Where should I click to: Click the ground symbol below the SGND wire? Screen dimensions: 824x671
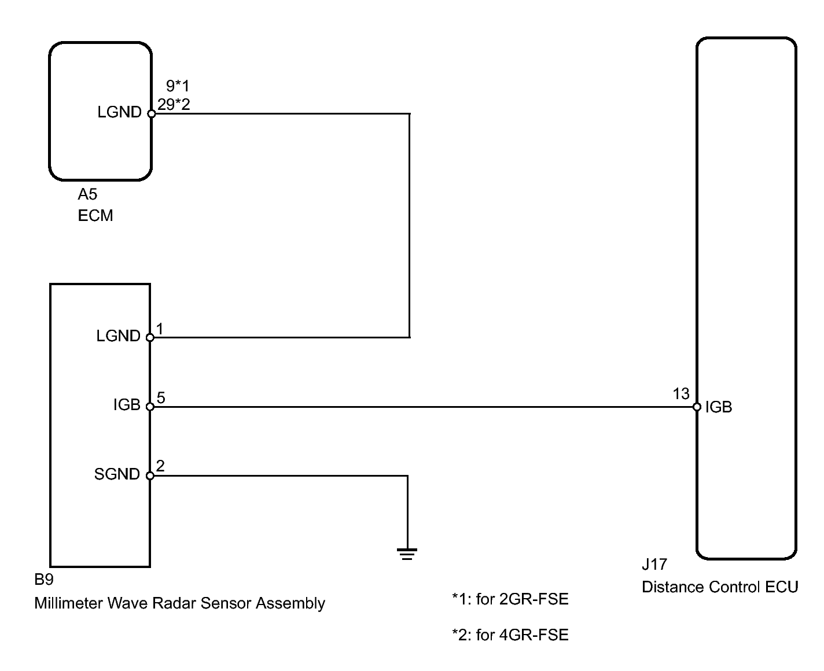point(407,554)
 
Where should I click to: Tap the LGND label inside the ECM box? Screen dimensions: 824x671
point(119,112)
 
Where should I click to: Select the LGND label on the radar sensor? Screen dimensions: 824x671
point(118,335)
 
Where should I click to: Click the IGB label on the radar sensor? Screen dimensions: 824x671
point(127,405)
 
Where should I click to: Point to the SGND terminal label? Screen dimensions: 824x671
point(117,474)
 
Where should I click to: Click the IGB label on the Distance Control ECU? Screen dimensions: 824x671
point(719,407)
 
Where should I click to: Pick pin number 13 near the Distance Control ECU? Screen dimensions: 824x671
point(681,394)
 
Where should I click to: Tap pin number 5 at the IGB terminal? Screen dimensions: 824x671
point(161,397)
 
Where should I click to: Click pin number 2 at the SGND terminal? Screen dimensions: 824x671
point(160,466)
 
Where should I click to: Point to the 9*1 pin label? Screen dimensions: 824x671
point(178,86)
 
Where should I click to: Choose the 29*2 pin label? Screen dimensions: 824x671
point(174,105)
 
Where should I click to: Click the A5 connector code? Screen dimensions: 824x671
point(87,194)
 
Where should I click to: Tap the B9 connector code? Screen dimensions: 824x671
point(44,580)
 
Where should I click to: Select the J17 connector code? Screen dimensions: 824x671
point(654,565)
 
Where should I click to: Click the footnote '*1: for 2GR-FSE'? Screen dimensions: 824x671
point(510,599)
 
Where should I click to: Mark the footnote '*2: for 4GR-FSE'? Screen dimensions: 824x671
point(510,635)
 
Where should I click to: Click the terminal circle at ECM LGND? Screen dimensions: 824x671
point(152,114)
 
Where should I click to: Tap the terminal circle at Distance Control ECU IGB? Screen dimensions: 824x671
point(697,407)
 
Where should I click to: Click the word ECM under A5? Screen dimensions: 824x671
point(95,215)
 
